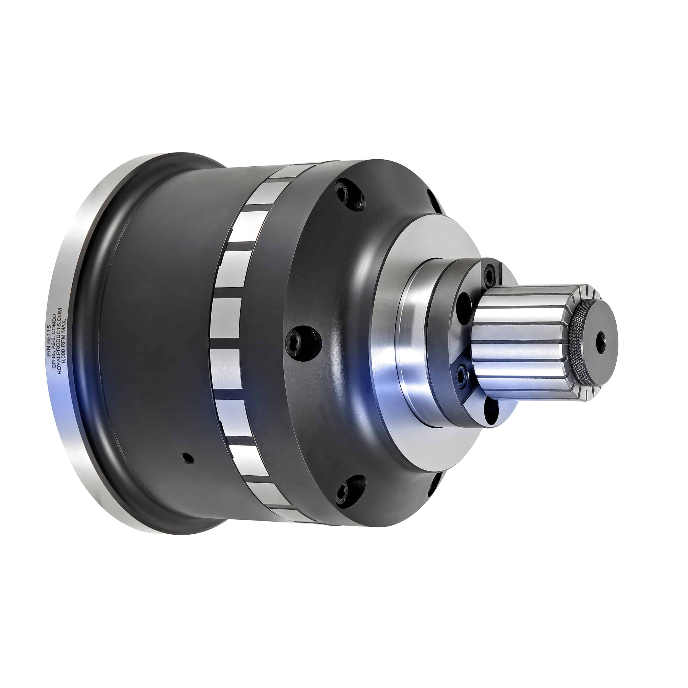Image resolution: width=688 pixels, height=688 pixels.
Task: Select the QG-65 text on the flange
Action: pyautogui.click(x=54, y=361)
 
